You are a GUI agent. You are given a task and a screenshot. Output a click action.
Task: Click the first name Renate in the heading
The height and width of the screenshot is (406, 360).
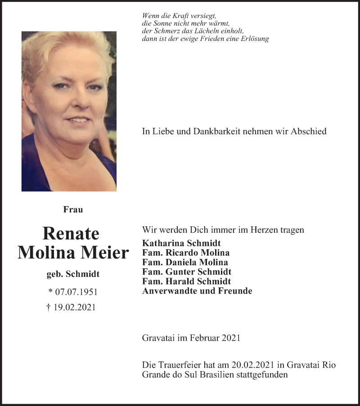click(x=71, y=233)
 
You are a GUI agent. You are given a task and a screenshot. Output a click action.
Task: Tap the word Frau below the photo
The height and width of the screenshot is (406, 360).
click(x=73, y=209)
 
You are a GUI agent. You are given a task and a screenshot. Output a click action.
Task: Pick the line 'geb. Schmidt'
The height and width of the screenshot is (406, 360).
click(x=73, y=274)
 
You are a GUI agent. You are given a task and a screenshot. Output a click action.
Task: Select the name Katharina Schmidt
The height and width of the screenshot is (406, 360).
click(x=181, y=244)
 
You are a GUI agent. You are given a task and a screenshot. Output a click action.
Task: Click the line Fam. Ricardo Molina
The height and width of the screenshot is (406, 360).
click(x=185, y=253)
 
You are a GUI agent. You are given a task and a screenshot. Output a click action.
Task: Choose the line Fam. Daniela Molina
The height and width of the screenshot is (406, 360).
click(x=184, y=262)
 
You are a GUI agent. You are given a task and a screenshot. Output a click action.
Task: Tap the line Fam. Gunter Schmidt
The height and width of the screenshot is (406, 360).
click(x=186, y=272)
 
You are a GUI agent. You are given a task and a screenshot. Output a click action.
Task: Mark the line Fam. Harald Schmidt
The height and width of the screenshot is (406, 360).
click(x=186, y=281)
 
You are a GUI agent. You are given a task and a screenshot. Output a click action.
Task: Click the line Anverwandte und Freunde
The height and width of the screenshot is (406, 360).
click(x=197, y=291)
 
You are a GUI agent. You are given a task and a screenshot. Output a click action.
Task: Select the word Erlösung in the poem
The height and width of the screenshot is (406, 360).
click(x=254, y=39)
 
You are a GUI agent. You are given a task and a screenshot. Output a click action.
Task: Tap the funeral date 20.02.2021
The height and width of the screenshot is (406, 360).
click(x=250, y=365)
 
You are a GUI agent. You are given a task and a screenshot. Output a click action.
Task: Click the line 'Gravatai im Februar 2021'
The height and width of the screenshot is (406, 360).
click(x=191, y=338)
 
